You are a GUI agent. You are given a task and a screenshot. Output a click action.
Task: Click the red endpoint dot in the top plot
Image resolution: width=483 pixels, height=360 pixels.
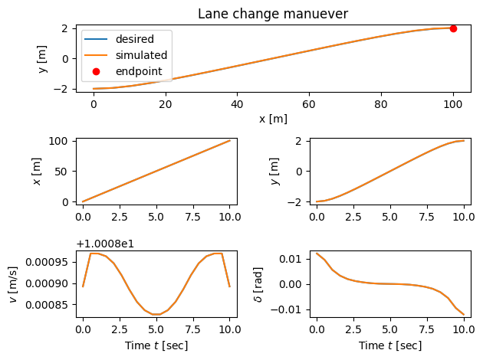pyautogui.click(x=453, y=28)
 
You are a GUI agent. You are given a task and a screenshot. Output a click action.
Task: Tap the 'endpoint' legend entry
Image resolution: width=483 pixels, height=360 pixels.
pyautogui.click(x=139, y=72)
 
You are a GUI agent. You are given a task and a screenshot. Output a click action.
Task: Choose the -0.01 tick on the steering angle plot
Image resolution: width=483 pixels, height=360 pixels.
pyautogui.click(x=291, y=309)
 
